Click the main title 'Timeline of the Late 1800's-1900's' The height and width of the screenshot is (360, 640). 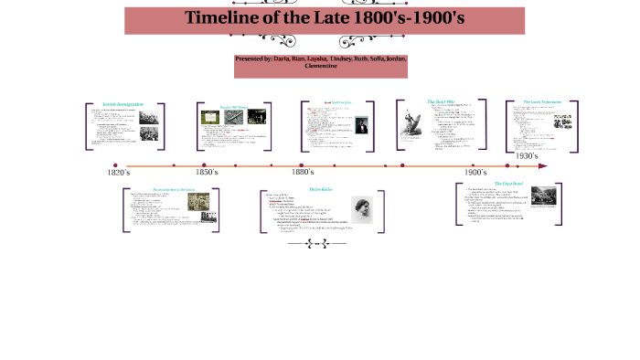324,17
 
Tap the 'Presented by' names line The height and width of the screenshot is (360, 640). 320,62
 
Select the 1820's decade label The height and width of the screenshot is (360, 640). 119,173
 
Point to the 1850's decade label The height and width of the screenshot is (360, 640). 207,172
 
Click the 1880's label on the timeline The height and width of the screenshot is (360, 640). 304,172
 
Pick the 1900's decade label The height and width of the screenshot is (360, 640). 475,172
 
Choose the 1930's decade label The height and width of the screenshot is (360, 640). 527,156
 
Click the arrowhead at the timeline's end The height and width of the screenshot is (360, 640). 543,166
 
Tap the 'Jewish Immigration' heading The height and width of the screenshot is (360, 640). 123,104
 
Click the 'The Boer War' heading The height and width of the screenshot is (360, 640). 441,101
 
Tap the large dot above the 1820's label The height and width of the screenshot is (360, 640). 115,165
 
